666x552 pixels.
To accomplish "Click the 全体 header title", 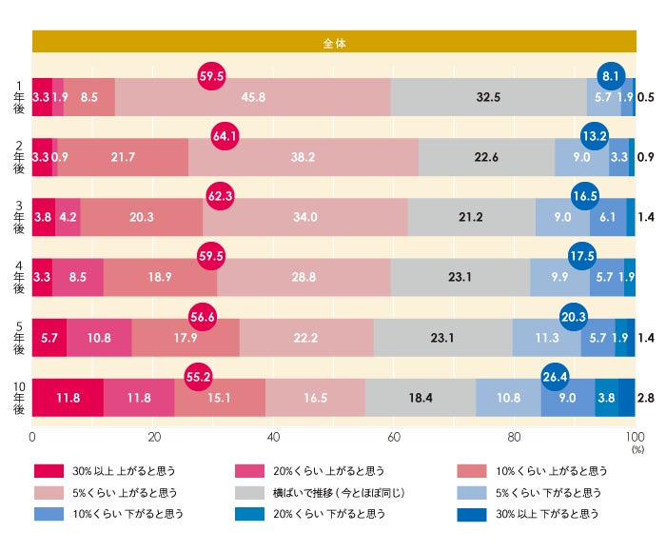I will tap(334, 42).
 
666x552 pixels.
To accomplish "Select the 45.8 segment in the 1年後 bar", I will tap(253, 97).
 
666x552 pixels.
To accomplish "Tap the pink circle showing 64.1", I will tap(225, 136).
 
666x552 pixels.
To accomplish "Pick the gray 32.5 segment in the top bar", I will tap(488, 97).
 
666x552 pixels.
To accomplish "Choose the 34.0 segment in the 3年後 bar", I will tap(305, 217).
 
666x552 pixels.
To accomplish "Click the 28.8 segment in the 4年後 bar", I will tap(304, 277).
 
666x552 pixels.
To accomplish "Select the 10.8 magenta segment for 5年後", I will tap(99, 337).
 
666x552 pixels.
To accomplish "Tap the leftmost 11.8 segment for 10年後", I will tap(68, 397).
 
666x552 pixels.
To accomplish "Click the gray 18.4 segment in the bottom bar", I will tap(421, 397).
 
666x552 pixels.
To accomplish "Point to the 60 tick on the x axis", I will tap(394, 438).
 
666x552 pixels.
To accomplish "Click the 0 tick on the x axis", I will tap(33, 438).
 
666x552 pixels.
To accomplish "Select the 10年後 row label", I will tap(17, 397).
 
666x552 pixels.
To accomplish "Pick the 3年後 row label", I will tap(17, 217).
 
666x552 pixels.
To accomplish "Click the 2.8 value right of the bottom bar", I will tap(646, 397).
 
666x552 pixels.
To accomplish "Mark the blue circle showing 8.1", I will tap(611, 76).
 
